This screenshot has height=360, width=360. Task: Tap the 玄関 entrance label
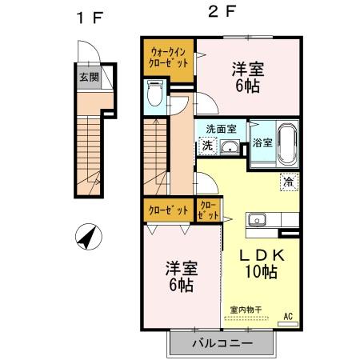pyautogui.click(x=89, y=78)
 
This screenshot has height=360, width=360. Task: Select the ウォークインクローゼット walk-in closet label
pyautogui.click(x=169, y=58)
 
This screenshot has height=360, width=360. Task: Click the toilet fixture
pyautogui.click(x=156, y=94)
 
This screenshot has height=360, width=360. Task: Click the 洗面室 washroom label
pyautogui.click(x=220, y=128)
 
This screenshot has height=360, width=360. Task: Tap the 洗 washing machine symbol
pyautogui.click(x=206, y=146)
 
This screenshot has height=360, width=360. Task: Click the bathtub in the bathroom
pyautogui.click(x=286, y=145)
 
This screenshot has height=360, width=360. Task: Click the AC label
pyautogui.click(x=287, y=317)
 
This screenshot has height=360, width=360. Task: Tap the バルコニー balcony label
pyautogui.click(x=222, y=343)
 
